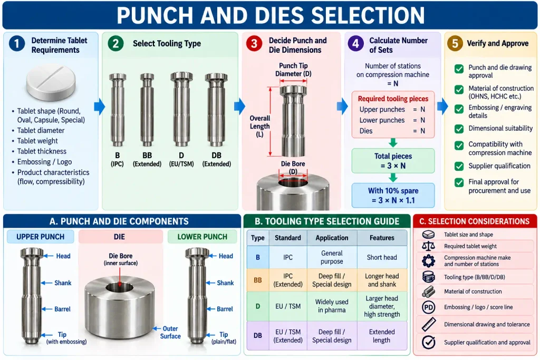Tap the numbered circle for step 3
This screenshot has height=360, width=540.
click(254, 44)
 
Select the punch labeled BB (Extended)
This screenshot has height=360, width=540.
click(147, 110)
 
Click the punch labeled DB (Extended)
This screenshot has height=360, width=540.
click(216, 110)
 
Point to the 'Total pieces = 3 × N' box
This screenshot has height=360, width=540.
click(393, 161)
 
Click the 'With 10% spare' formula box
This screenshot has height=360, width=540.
click(393, 196)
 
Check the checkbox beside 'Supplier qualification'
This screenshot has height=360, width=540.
click(459, 166)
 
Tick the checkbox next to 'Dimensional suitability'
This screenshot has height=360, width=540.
click(459, 129)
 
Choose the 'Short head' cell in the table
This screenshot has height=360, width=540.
click(382, 257)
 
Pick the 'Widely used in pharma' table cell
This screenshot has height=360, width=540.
click(332, 306)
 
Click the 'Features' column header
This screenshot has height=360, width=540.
click(382, 238)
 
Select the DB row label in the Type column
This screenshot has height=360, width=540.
click(257, 336)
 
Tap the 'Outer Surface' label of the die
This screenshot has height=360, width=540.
click(170, 333)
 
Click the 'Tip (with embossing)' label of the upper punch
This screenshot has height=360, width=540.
click(66, 338)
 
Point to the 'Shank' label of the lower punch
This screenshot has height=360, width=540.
click(225, 283)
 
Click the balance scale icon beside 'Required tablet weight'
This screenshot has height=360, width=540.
click(428, 246)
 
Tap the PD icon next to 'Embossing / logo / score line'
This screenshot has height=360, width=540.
click(428, 307)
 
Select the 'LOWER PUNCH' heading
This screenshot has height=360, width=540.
click(202, 237)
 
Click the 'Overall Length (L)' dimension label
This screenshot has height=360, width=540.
click(259, 127)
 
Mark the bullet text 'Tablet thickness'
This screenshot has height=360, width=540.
click(42, 151)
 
